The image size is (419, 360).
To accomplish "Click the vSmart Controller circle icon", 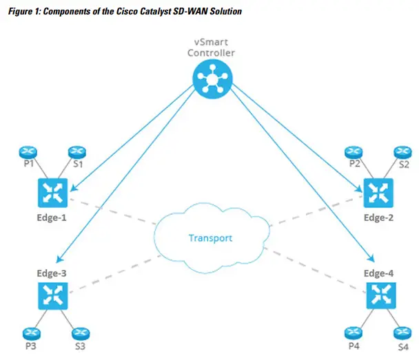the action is [x=212, y=78].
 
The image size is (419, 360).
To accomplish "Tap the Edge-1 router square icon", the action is [x=52, y=193].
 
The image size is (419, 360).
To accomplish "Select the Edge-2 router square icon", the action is [x=378, y=193].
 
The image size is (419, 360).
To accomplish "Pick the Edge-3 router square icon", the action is [x=52, y=296].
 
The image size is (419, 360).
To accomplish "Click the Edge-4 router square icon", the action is [x=381, y=296].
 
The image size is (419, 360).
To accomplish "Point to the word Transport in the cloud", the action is [x=211, y=238].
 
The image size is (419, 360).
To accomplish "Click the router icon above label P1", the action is [x=28, y=152].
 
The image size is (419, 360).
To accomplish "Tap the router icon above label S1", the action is [x=77, y=152].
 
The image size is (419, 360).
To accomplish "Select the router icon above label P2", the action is [x=354, y=152].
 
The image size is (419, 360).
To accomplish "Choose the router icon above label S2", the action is [x=402, y=152].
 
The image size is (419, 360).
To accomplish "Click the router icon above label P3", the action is [x=32, y=334].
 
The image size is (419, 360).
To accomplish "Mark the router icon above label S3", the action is [x=81, y=334].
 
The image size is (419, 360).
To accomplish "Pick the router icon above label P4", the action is [x=354, y=333].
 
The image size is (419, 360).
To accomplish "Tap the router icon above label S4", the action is [x=402, y=333].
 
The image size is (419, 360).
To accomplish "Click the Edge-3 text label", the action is [x=52, y=273].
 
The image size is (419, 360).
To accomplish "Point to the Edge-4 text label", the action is [x=378, y=273].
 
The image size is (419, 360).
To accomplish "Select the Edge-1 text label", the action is [x=52, y=218].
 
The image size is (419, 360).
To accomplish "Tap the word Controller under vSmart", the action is [x=211, y=53].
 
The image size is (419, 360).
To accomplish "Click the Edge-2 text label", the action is [x=378, y=218].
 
